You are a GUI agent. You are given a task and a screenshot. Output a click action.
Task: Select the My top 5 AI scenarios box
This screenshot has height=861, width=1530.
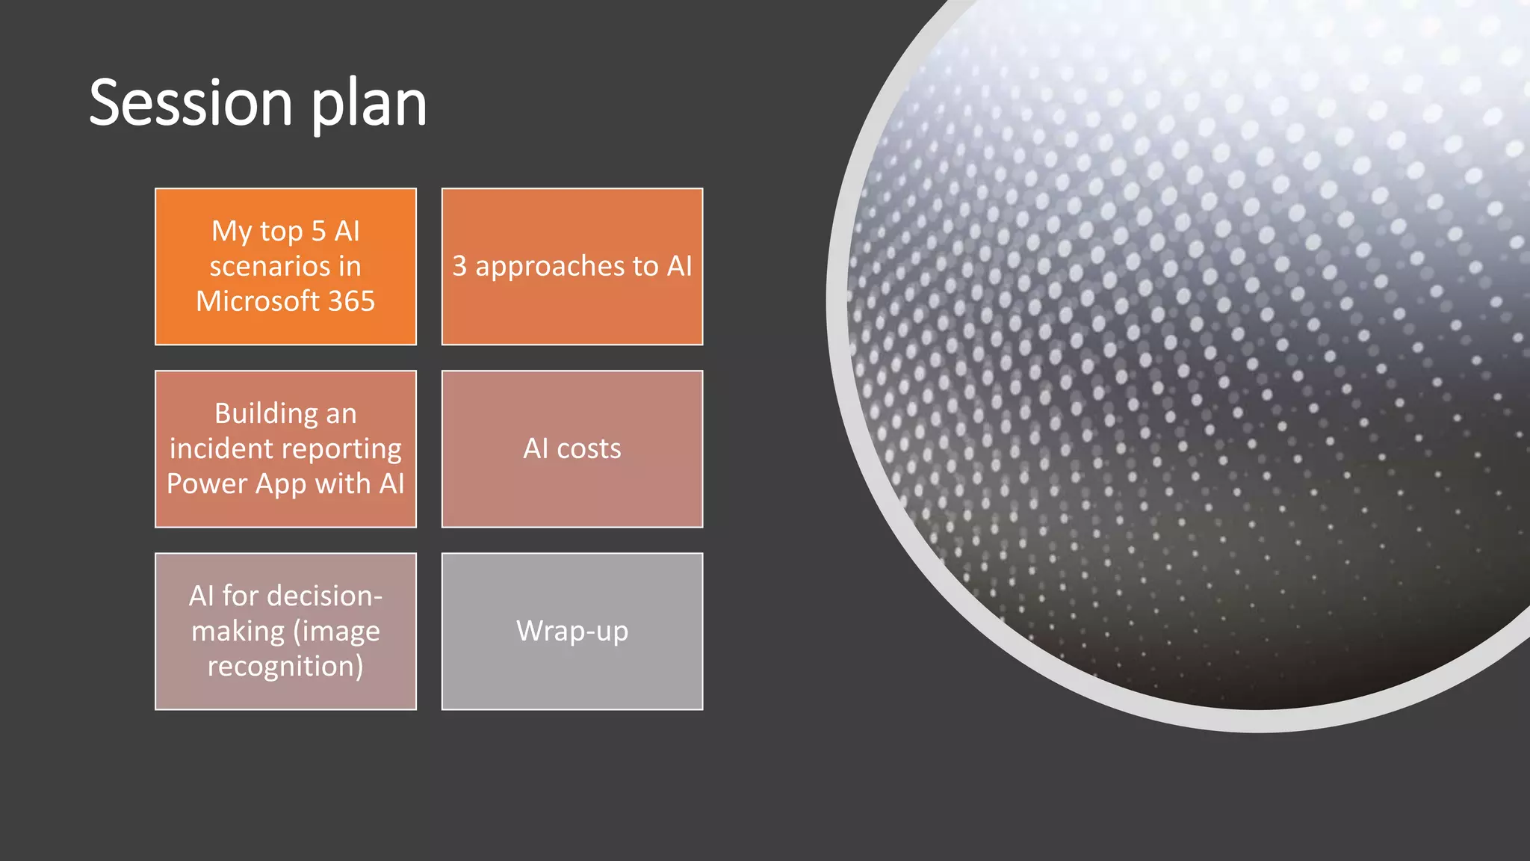(285, 266)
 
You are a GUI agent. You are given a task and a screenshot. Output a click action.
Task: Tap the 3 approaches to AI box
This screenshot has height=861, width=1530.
(572, 266)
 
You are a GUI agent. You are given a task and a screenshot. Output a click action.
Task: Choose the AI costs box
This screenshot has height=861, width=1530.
(572, 448)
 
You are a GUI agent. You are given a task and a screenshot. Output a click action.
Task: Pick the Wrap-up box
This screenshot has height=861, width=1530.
(572, 631)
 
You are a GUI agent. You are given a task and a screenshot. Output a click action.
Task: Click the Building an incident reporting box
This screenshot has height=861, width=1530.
(285, 448)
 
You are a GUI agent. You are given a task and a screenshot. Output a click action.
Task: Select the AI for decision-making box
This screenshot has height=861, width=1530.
(285, 631)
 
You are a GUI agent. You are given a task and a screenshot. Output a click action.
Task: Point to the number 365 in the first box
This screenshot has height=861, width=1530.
(351, 301)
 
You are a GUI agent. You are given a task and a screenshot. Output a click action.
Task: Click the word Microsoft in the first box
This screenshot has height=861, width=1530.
(258, 301)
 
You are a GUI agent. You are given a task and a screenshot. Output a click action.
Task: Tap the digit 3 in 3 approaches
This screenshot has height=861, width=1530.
(459, 266)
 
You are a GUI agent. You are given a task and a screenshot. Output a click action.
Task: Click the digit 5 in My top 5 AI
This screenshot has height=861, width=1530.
(318, 231)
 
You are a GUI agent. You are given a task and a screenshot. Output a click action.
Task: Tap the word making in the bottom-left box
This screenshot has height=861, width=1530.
(238, 632)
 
